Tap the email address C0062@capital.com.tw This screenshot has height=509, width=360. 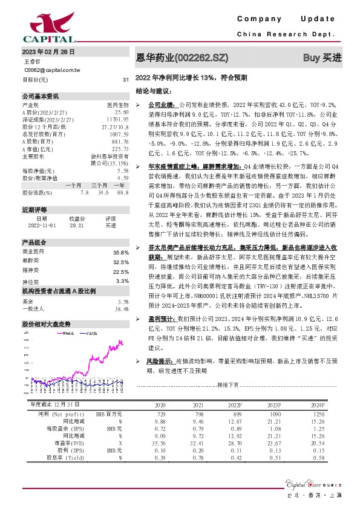(52, 70)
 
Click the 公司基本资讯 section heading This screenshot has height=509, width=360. (41, 96)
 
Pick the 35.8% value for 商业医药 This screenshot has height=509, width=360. (121, 252)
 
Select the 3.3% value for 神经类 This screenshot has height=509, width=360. (122, 281)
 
